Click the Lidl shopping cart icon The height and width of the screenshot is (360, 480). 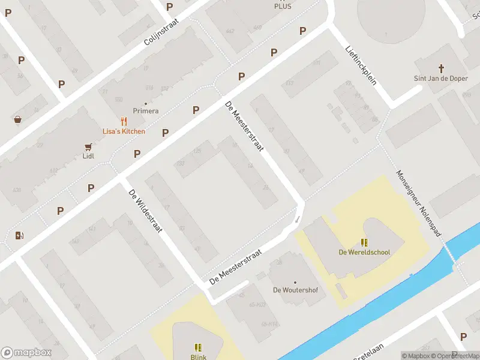click(x=88, y=146)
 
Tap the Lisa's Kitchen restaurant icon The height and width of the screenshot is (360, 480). click(x=124, y=121)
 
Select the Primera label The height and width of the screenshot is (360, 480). click(x=146, y=111)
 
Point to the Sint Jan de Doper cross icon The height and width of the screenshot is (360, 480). click(x=441, y=68)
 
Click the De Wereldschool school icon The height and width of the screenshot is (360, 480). click(x=364, y=242)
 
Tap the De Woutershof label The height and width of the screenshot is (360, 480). click(x=295, y=290)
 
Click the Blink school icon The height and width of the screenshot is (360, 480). click(x=198, y=347)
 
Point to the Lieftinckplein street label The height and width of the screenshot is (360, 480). click(x=361, y=65)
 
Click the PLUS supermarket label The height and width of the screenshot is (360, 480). click(x=283, y=6)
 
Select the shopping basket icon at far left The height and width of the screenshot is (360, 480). click(x=17, y=119)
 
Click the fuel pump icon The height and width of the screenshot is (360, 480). click(x=19, y=235)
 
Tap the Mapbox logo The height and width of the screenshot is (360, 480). click(x=26, y=353)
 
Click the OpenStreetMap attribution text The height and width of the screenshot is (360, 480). click(x=453, y=356)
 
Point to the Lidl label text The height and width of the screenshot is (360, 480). click(x=88, y=156)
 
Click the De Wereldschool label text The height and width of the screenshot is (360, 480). click(x=364, y=253)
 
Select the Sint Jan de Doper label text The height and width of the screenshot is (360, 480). click(x=441, y=79)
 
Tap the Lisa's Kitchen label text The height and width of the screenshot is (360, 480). click(x=124, y=131)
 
